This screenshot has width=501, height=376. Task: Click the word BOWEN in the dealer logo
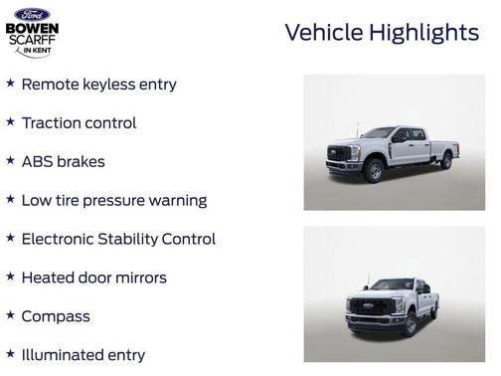point(32,28)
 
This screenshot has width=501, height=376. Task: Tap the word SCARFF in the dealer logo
point(32,42)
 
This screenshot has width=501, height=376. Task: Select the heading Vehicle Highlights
point(382,32)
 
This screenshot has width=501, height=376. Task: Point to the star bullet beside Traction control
point(10,121)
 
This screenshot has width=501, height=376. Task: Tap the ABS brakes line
point(63,161)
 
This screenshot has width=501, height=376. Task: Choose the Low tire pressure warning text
point(113,200)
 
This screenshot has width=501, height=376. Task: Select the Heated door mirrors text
point(93,278)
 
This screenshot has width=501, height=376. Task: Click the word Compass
point(56,316)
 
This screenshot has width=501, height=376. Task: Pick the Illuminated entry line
point(83,354)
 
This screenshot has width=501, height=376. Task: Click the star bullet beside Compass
point(10,314)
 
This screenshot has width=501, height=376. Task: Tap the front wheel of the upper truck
point(374,171)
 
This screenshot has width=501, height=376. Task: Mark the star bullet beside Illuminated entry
point(10,352)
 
